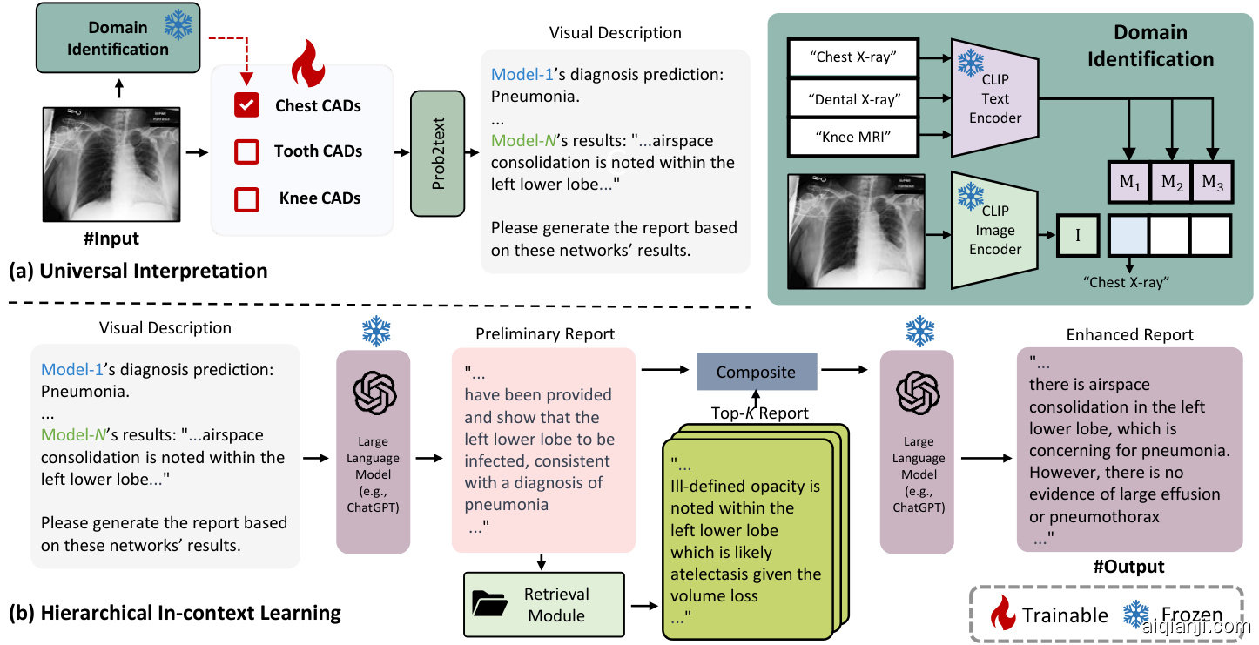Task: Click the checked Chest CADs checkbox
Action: pos(247,106)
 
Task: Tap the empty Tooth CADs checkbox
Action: pos(247,151)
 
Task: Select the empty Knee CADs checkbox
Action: pos(247,198)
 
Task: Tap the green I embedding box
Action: pos(1079,235)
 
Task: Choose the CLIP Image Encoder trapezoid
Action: pos(993,229)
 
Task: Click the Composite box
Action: pos(756,372)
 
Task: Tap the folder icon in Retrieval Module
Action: pos(490,603)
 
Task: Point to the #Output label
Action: pos(1128,567)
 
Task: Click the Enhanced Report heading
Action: pos(1129,334)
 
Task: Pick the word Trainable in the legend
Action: pos(1065,615)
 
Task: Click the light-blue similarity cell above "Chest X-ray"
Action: pos(1130,235)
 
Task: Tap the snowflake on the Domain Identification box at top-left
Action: pos(178,25)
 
